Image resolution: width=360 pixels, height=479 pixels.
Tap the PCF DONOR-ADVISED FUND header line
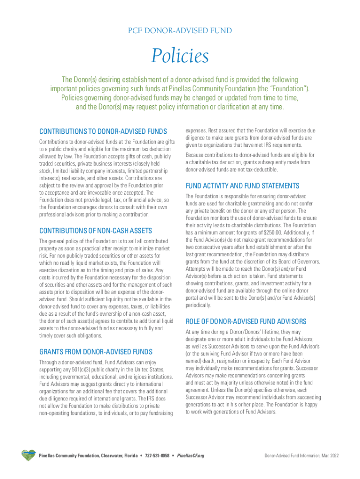tap(180, 30)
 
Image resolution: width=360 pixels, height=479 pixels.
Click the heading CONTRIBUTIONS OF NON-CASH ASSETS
tap(96, 231)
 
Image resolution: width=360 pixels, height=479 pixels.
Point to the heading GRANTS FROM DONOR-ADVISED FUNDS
tap(96, 351)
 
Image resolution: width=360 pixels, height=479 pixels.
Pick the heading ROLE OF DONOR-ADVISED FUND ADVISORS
tap(246, 321)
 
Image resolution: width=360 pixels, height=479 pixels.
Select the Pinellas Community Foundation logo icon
tap(28, 455)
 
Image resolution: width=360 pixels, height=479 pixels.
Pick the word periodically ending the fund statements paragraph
tap(198, 305)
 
